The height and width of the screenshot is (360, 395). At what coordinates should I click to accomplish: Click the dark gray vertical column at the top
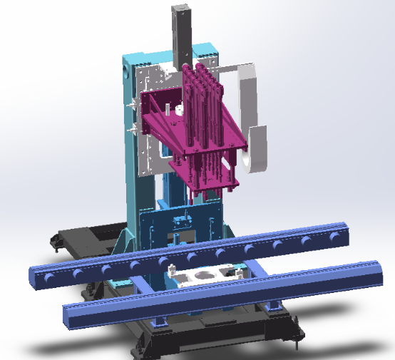point(183,32)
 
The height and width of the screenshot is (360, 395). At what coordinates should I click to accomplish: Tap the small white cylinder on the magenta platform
point(169,110)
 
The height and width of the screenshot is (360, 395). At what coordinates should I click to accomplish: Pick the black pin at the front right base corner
point(293,346)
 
